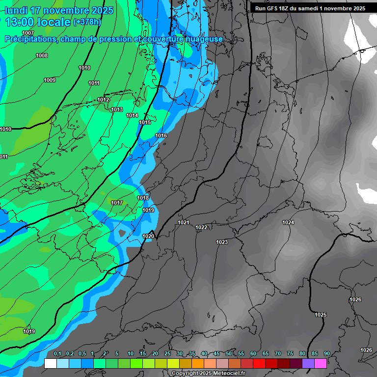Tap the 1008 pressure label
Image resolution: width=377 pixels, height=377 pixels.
point(42,55)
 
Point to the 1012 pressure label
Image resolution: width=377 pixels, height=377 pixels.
point(103,100)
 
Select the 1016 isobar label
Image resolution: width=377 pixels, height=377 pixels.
point(161,135)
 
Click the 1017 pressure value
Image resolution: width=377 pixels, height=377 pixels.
point(117,203)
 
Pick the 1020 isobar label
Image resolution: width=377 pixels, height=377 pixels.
point(148,236)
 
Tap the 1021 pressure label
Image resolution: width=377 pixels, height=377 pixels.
point(184,222)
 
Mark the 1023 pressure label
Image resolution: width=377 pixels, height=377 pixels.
point(222,242)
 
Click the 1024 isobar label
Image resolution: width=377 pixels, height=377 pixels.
point(288,222)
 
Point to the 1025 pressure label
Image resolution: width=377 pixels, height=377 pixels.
point(321,315)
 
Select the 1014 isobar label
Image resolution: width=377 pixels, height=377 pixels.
point(132,115)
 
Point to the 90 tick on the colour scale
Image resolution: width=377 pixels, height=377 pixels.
point(326,353)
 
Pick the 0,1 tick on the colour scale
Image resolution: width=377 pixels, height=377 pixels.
point(57,353)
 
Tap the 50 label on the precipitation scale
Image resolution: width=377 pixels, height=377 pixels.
point(229,353)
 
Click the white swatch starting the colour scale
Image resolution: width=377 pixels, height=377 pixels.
point(50,363)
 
